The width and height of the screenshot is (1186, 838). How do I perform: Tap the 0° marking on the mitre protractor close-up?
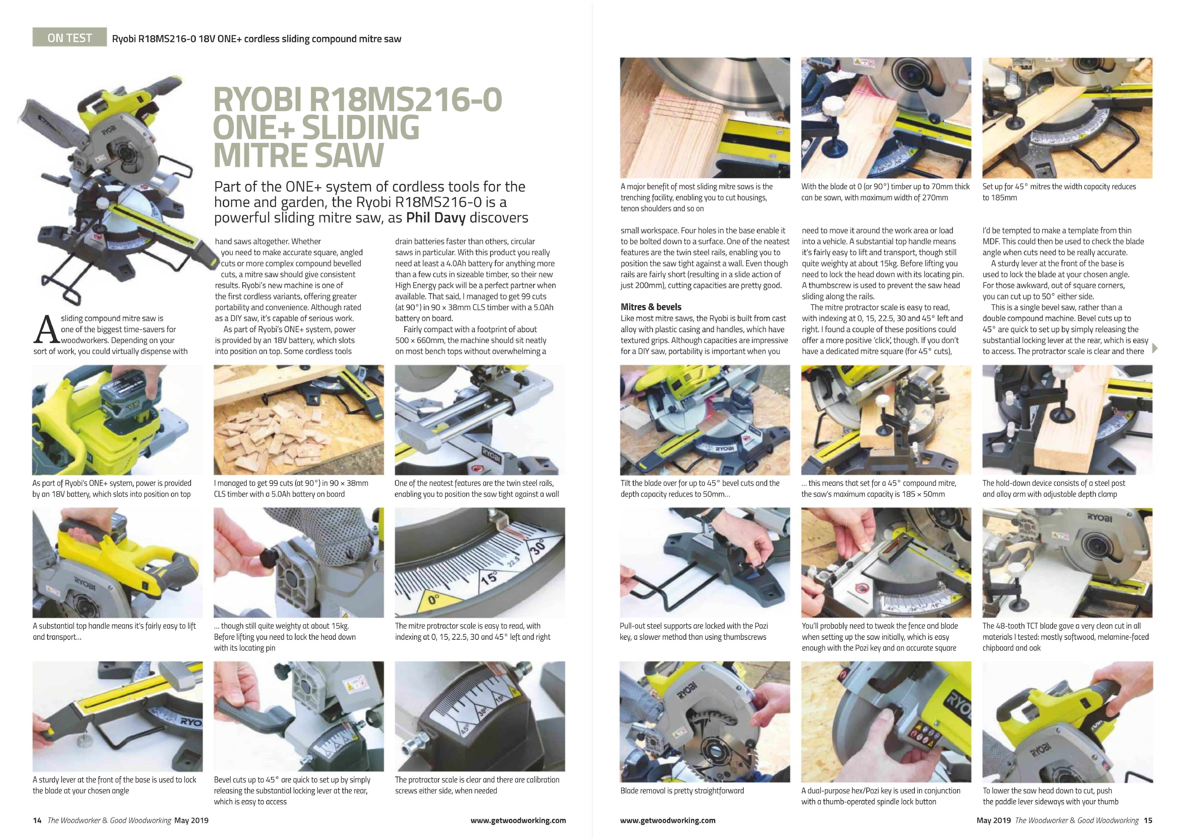[x=433, y=600]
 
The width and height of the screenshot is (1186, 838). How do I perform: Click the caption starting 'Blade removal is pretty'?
[x=682, y=790]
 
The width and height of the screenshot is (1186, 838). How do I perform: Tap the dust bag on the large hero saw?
[x=47, y=129]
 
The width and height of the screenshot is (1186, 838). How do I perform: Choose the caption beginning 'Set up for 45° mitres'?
[x=1059, y=192]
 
